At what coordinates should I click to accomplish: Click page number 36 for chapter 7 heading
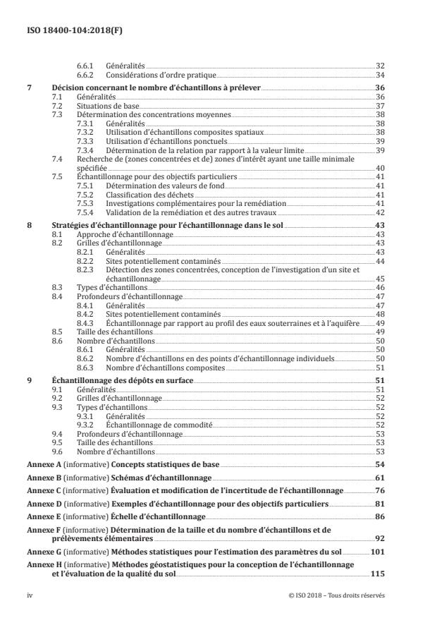pyautogui.click(x=378, y=88)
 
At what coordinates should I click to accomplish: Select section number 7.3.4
pyautogui.click(x=85, y=150)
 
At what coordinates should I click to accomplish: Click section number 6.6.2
pyautogui.click(x=85, y=74)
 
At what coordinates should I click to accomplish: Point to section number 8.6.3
pyautogui.click(x=85, y=367)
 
